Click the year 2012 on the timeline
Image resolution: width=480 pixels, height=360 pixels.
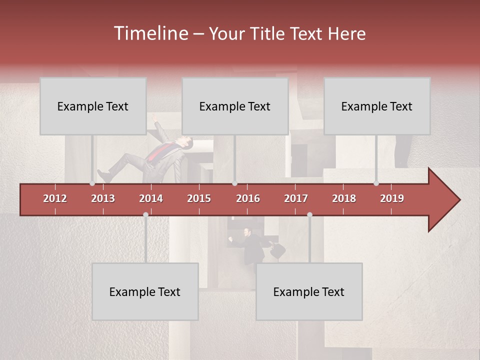coord(55,198)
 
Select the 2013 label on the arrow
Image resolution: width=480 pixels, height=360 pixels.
coord(103,198)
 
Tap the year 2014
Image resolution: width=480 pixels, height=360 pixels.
coord(151,198)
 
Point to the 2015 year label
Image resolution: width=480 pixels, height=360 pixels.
coord(199,198)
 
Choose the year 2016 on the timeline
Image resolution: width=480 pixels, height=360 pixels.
coord(248,198)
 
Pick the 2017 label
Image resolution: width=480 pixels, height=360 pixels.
coord(296,198)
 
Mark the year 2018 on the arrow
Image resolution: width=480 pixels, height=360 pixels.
coord(344,198)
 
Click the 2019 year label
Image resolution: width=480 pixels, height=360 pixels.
coord(392,198)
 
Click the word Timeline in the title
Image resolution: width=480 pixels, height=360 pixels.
coord(150,33)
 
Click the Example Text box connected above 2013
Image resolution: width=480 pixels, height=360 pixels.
coord(93,106)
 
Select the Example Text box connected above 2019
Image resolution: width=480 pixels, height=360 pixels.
coord(377,106)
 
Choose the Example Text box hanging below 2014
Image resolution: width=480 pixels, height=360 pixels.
coord(145,291)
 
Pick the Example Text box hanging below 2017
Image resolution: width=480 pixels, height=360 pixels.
coord(309,291)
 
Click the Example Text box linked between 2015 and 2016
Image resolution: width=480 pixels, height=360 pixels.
coord(235,106)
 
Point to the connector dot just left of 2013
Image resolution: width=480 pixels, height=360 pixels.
coord(92,183)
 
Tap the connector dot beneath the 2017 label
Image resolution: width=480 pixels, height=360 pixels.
coord(309,215)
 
